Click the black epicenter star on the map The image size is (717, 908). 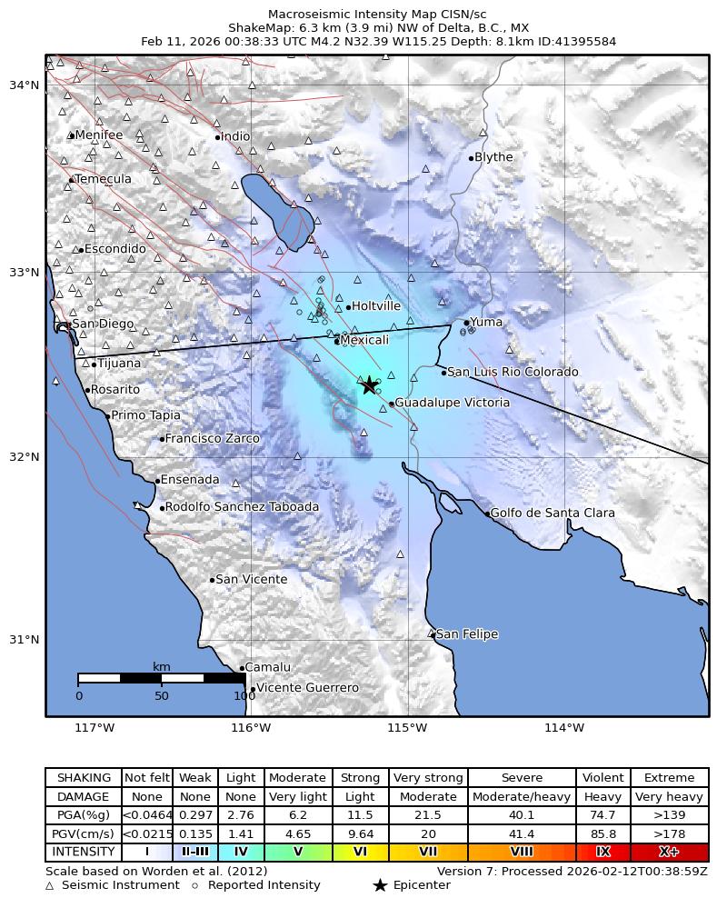click(x=369, y=385)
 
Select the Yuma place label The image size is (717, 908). click(x=486, y=322)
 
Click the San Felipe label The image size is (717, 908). click(x=467, y=634)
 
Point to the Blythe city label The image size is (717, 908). click(x=493, y=157)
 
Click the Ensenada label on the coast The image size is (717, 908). click(x=190, y=480)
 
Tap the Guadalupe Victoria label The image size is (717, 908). click(x=452, y=403)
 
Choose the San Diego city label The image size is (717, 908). click(x=103, y=324)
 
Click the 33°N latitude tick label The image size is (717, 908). click(x=24, y=273)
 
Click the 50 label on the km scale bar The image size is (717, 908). click(x=162, y=696)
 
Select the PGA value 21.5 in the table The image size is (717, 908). click(x=428, y=815)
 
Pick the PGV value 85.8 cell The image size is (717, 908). click(x=602, y=833)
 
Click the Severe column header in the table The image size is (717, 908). click(x=522, y=778)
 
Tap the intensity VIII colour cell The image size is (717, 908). click(x=522, y=853)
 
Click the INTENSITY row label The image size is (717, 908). click(x=84, y=853)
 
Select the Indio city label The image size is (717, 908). click(x=235, y=136)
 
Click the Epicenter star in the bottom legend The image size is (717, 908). click(x=380, y=885)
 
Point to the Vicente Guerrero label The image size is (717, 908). click(x=307, y=688)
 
